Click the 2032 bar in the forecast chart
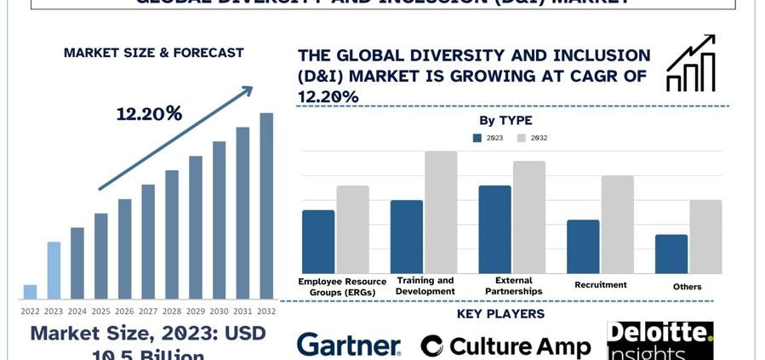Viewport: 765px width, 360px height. tap(266, 206)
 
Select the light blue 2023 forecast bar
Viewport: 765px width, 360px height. tap(54, 270)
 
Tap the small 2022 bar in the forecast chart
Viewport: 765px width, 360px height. tap(30, 291)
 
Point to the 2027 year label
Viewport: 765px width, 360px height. tap(148, 311)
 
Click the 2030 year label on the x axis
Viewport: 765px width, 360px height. tap(219, 311)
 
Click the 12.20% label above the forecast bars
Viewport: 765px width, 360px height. tap(150, 114)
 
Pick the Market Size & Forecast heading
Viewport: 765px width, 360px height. tap(153, 53)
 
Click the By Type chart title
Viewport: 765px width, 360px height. tap(505, 121)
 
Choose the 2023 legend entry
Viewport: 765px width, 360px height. tap(488, 138)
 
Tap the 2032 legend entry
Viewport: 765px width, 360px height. tap(533, 138)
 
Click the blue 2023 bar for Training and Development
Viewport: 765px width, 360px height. tap(407, 237)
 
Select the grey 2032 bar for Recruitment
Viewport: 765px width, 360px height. tap(617, 224)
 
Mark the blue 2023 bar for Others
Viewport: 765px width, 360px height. tap(671, 254)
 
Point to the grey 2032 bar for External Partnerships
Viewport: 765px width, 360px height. tap(529, 217)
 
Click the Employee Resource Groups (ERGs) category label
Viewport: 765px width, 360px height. tap(342, 286)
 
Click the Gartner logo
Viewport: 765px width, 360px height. tap(348, 345)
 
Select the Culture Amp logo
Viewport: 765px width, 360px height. tap(505, 346)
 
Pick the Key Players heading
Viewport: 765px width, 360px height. tap(500, 314)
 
